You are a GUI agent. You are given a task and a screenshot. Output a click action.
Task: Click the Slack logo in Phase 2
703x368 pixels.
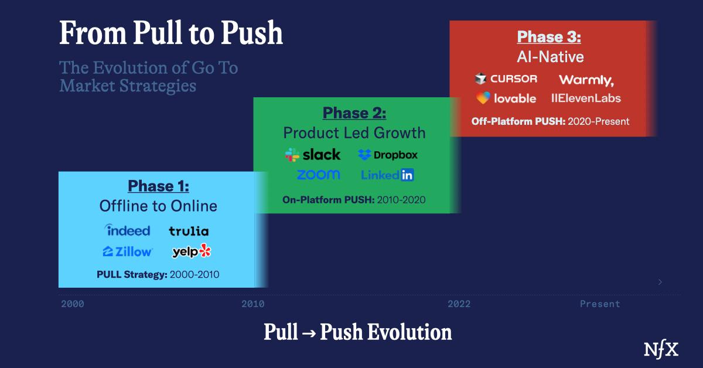pyautogui.click(x=313, y=155)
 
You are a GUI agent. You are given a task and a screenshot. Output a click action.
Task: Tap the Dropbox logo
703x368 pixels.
pyautogui.click(x=388, y=155)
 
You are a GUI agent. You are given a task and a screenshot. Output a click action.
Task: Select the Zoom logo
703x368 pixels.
pyautogui.click(x=318, y=175)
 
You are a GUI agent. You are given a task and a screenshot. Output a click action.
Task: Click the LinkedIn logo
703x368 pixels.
pyautogui.click(x=387, y=175)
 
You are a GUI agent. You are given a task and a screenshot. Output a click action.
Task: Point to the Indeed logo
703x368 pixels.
pyautogui.click(x=127, y=230)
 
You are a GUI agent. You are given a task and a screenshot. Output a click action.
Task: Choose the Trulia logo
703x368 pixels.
pyautogui.click(x=189, y=231)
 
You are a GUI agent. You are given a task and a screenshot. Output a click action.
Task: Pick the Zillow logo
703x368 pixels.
pyautogui.click(x=128, y=251)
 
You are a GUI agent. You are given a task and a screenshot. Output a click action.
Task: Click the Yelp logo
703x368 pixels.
pyautogui.click(x=192, y=251)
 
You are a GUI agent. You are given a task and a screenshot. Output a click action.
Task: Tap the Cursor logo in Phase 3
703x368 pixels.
pyautogui.click(x=506, y=79)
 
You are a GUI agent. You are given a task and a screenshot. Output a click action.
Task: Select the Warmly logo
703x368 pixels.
pyautogui.click(x=586, y=80)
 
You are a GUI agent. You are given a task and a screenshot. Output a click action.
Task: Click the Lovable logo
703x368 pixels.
pyautogui.click(x=506, y=98)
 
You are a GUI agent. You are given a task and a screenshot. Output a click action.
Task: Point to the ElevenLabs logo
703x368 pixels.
pyautogui.click(x=586, y=98)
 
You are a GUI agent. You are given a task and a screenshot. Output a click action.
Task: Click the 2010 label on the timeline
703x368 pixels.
pyautogui.click(x=253, y=304)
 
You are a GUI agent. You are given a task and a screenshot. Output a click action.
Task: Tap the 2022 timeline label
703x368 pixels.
pyautogui.click(x=459, y=304)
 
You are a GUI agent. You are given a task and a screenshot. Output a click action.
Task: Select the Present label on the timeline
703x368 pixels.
pyautogui.click(x=600, y=304)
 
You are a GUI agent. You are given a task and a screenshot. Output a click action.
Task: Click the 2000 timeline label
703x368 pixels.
pyautogui.click(x=73, y=304)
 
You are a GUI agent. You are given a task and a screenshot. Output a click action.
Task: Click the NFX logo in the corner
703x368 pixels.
pyautogui.click(x=661, y=349)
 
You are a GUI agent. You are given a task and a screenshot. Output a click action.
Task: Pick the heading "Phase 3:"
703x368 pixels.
pyautogui.click(x=549, y=37)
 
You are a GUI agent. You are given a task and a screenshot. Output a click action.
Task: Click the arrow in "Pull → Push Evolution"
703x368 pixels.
pyautogui.click(x=309, y=333)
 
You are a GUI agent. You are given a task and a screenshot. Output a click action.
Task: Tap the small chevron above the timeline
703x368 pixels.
pyautogui.click(x=660, y=282)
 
